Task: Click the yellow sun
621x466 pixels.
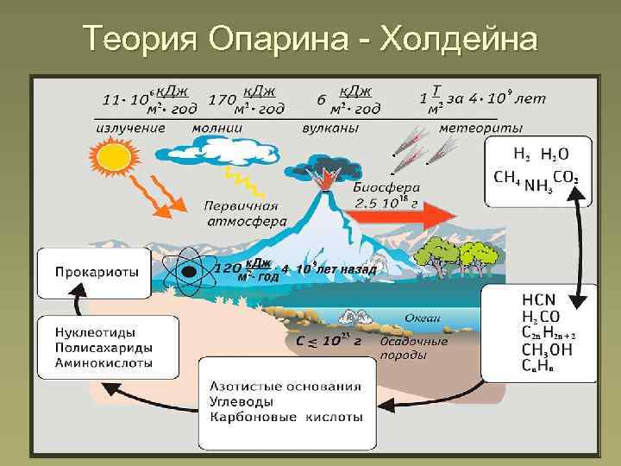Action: (111, 159)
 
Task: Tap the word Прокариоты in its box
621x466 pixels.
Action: (97, 272)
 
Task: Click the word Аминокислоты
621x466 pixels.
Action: (103, 363)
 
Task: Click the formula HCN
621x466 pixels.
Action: (538, 299)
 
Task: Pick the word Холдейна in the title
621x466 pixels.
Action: (458, 39)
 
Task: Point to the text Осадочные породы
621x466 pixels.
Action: (414, 347)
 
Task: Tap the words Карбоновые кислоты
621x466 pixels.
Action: (285, 418)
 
